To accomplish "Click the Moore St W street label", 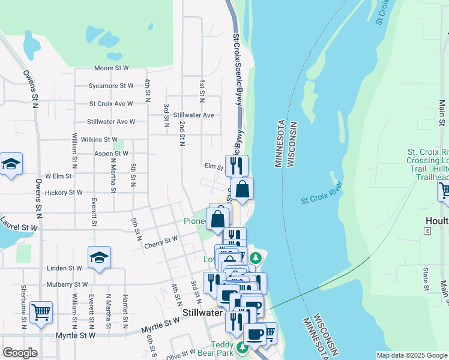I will click(x=111, y=69).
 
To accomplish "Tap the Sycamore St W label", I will click(x=111, y=86).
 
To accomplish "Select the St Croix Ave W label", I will click(x=111, y=104).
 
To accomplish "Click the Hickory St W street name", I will click(x=64, y=193).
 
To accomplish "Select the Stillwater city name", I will click(x=203, y=314).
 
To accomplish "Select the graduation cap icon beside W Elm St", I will click(x=11, y=164).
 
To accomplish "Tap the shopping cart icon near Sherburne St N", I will click(x=41, y=311).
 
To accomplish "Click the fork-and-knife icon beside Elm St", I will click(x=237, y=163).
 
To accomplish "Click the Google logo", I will click(x=20, y=353).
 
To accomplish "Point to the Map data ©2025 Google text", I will click(x=412, y=355).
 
